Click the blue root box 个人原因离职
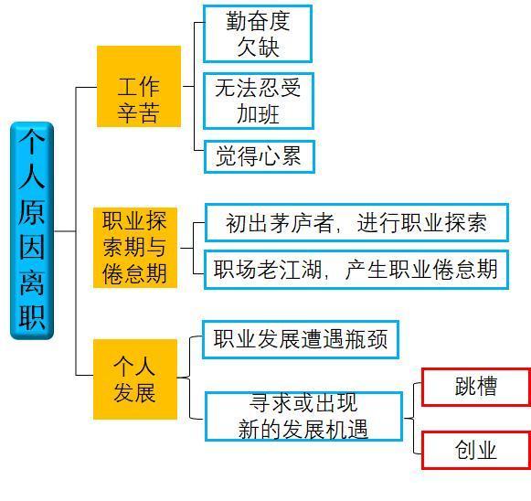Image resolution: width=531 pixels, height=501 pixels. click(32, 230)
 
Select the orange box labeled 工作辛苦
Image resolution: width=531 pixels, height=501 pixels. click(139, 86)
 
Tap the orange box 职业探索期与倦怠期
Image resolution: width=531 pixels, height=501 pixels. click(135, 248)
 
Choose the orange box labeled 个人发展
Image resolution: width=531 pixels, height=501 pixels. click(135, 379)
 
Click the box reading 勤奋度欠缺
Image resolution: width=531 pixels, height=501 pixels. click(258, 34)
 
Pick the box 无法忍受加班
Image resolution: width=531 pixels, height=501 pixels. click(259, 101)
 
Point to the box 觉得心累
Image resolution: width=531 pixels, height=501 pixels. click(260, 157)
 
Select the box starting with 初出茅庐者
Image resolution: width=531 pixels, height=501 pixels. click(356, 222)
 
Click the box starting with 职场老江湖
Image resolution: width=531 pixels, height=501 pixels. click(356, 270)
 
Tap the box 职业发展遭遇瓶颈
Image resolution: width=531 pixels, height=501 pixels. click(301, 339)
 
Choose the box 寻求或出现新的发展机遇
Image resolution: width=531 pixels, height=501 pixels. click(303, 416)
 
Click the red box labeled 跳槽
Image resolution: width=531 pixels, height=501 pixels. click(476, 387)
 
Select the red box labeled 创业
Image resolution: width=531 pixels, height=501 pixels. click(476, 450)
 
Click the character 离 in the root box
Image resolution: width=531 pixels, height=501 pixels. click(32, 282)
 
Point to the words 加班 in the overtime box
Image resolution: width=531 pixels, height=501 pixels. click(258, 114)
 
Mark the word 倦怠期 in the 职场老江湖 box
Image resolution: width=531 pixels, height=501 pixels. click(465, 270)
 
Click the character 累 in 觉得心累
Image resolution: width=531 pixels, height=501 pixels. click(292, 156)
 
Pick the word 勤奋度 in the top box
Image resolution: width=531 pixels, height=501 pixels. click(258, 21)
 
